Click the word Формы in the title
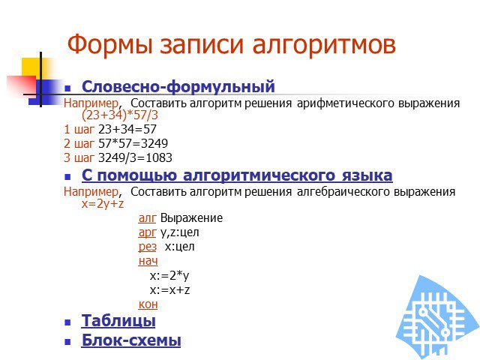pos(109,45)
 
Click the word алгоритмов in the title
pos(324,45)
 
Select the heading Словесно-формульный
pos(178,86)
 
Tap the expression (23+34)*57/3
pos(120,115)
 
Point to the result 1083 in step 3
pos(159,157)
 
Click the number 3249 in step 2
pos(154,143)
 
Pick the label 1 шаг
pos(79,129)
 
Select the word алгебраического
pos(343,192)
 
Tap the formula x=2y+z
pos(103,203)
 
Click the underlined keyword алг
pos(147,218)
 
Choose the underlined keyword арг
pos(147,232)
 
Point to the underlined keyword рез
pos(147,247)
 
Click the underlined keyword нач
pos(148,261)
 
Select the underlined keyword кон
pos(148,304)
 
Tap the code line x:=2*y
pos(169,275)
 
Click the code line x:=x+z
pos(170,290)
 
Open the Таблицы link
pos(118,321)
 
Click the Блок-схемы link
pos(131,340)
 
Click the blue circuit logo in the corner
pos(438,318)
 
